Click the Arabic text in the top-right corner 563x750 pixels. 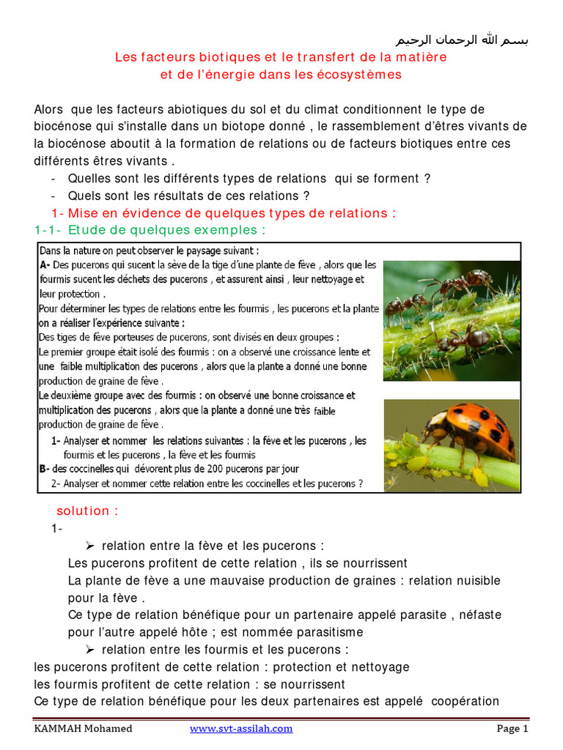[x=461, y=39]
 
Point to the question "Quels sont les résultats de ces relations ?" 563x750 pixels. [x=189, y=196]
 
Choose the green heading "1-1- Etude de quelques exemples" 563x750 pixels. [x=150, y=231]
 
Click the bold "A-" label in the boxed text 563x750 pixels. [x=45, y=265]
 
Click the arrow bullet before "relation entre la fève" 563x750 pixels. [x=91, y=546]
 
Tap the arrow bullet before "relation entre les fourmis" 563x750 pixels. [x=91, y=650]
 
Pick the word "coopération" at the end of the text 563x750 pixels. [x=465, y=702]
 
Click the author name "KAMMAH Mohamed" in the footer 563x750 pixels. [x=84, y=729]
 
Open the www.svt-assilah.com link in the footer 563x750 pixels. [x=241, y=729]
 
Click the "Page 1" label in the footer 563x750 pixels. [x=512, y=729]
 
